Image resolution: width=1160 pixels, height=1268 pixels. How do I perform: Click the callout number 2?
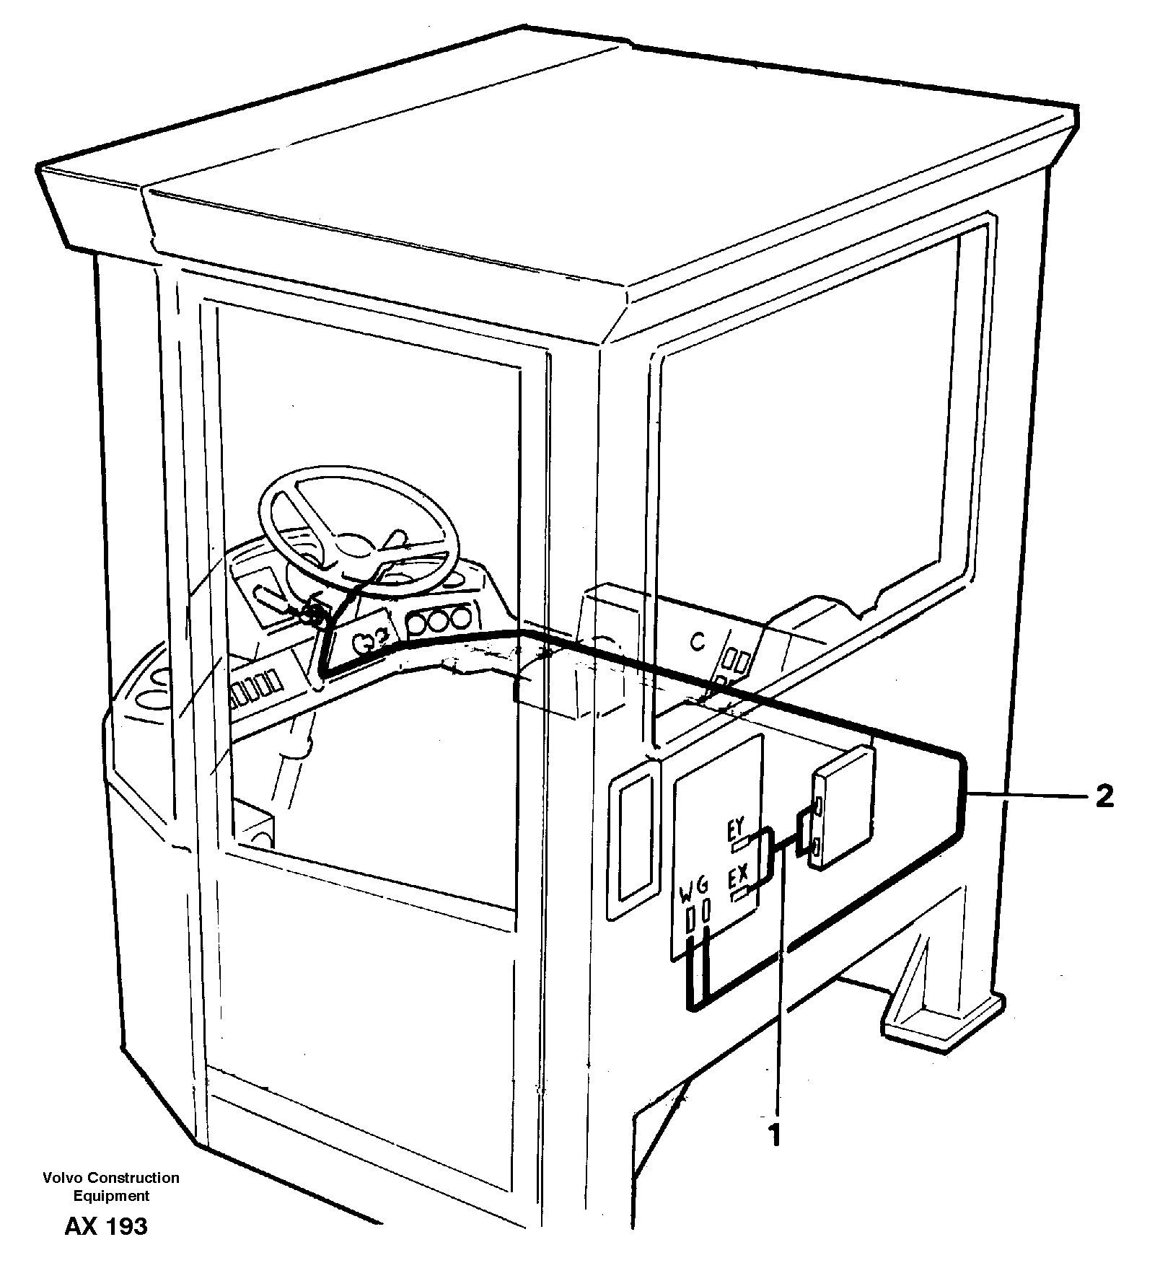click(1104, 796)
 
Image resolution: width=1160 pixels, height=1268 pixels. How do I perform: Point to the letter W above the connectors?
click(686, 900)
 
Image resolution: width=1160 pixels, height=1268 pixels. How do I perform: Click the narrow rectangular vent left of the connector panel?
click(634, 839)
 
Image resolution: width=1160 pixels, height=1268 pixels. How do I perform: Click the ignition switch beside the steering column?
click(311, 613)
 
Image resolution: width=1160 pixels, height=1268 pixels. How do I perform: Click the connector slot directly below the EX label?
click(740, 896)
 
